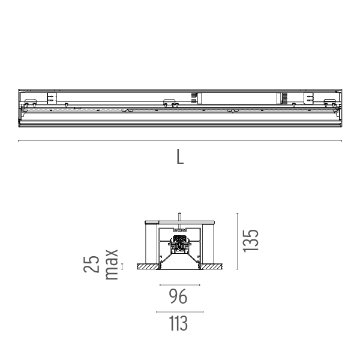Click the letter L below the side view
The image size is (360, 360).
pyautogui.click(x=180, y=157)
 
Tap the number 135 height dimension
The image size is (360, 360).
pyautogui.click(x=250, y=241)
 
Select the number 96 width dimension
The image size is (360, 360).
pyautogui.click(x=178, y=296)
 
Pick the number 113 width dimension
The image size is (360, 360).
pyautogui.click(x=178, y=323)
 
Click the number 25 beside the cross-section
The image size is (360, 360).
pyautogui.click(x=91, y=264)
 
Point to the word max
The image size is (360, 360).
pyautogui.click(x=112, y=265)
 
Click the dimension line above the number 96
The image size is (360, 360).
pyautogui.click(x=180, y=285)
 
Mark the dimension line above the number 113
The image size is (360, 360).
pyautogui.click(x=180, y=312)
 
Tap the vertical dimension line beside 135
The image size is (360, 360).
pyautogui.click(x=237, y=241)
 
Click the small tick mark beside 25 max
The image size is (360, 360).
pyautogui.click(x=122, y=266)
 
